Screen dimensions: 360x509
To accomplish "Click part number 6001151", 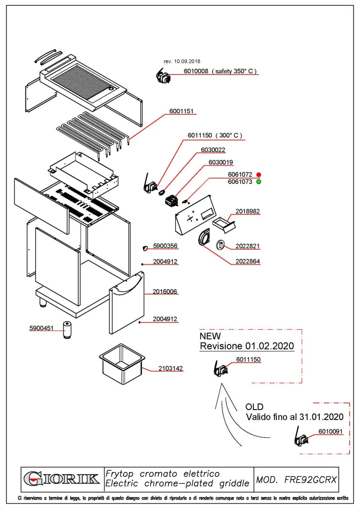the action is click(x=181, y=111).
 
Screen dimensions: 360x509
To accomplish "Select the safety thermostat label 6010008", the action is click(x=196, y=71).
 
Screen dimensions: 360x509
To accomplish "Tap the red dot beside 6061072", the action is click(x=259, y=174).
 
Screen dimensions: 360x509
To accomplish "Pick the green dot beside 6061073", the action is click(x=259, y=182).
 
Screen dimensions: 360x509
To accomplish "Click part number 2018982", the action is click(x=247, y=211).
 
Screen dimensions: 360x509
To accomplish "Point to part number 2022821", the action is click(x=247, y=246).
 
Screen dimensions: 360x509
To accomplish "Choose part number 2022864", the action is click(x=247, y=261).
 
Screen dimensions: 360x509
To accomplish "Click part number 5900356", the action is click(x=165, y=246).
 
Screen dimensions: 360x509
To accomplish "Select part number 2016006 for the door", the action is click(x=165, y=291).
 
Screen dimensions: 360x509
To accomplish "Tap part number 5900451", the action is click(x=41, y=328).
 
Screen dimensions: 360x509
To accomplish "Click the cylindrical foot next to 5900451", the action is click(x=67, y=330).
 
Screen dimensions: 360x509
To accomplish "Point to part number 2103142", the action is click(x=171, y=368).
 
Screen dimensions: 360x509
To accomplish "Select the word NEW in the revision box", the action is click(x=210, y=336).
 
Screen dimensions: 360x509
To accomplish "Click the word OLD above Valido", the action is click(x=254, y=407).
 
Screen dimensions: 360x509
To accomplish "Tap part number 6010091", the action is click(x=331, y=431).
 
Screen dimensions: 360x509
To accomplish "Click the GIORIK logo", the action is click(x=62, y=479).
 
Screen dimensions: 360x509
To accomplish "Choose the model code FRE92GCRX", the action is click(x=311, y=480).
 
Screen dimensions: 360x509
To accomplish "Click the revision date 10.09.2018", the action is click(x=187, y=61).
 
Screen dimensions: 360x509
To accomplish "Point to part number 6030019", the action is click(x=221, y=163).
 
